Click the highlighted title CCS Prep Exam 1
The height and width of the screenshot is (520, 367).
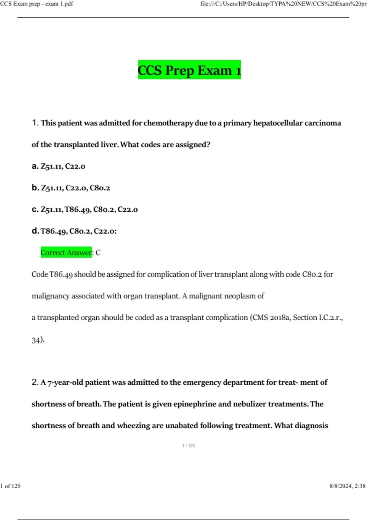(189, 70)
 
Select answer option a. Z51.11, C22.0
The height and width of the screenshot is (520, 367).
(59, 166)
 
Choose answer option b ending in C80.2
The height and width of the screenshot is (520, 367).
(71, 188)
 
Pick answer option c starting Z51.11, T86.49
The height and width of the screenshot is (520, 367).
(85, 210)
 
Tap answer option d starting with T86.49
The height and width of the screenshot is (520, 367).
(74, 231)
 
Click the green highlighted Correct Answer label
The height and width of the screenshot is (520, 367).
(66, 253)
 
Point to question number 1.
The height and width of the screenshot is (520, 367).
(35, 123)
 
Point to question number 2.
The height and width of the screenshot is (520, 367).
(35, 382)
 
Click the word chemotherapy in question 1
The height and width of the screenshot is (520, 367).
(168, 123)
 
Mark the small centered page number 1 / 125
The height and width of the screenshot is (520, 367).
(188, 446)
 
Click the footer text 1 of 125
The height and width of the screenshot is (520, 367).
(11, 486)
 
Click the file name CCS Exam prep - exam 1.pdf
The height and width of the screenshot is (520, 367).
(37, 4)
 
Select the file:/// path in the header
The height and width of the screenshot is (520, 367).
(283, 4)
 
